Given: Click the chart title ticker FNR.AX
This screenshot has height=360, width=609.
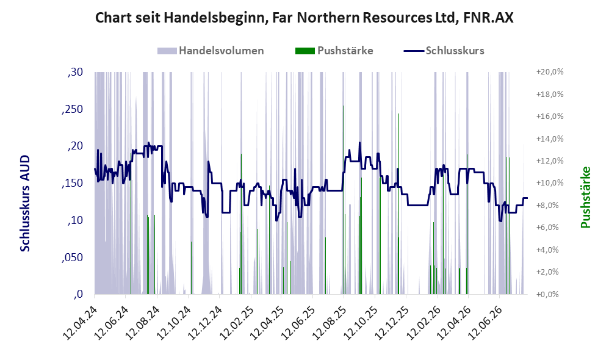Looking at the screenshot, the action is [488, 18].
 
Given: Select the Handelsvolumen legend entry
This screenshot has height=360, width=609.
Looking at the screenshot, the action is [211, 51].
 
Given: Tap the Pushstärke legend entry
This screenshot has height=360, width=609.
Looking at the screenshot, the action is [334, 51].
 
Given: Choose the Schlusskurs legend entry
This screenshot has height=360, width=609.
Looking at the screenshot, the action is [444, 51].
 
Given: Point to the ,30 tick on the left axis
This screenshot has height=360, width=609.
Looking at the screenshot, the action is [75, 72].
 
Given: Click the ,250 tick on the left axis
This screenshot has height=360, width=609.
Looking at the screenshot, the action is [72, 109].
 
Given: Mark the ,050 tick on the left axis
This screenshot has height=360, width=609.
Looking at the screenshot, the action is [72, 257].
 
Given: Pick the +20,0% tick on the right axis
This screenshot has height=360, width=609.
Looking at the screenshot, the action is [550, 72].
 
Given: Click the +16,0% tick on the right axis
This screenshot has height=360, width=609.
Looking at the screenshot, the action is [550, 117].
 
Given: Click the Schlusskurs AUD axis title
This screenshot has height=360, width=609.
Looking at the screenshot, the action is [25, 203].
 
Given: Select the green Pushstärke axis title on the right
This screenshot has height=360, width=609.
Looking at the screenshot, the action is [585, 197].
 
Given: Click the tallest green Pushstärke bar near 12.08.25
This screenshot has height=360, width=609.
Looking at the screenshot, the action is [344, 200].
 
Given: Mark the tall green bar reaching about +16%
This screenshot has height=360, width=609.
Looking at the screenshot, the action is [398, 204].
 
